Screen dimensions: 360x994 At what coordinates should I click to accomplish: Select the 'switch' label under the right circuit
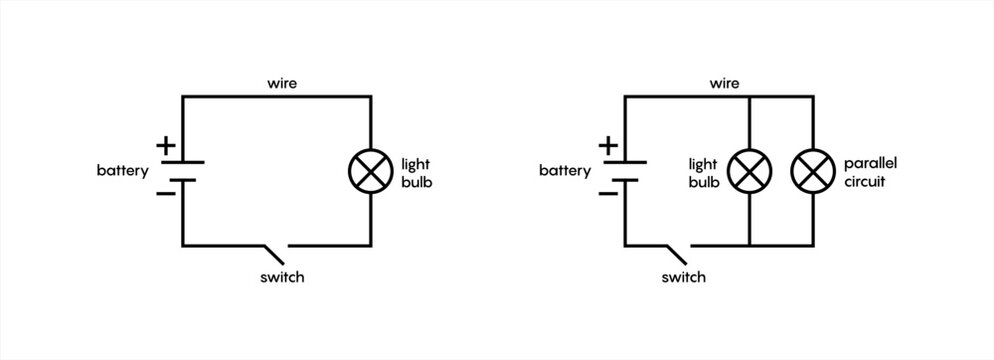[x=683, y=277]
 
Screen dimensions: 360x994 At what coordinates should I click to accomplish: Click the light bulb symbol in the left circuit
[x=371, y=171]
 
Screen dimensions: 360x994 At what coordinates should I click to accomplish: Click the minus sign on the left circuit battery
[x=167, y=193]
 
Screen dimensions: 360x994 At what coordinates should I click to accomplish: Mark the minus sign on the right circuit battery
[x=608, y=193]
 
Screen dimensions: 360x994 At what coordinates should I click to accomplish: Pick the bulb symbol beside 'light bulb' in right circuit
[x=748, y=171]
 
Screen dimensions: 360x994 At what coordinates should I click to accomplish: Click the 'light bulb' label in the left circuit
[x=417, y=171]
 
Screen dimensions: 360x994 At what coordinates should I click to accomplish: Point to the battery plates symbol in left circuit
[x=182, y=171]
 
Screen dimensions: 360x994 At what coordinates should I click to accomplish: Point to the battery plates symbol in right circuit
[x=625, y=171]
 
